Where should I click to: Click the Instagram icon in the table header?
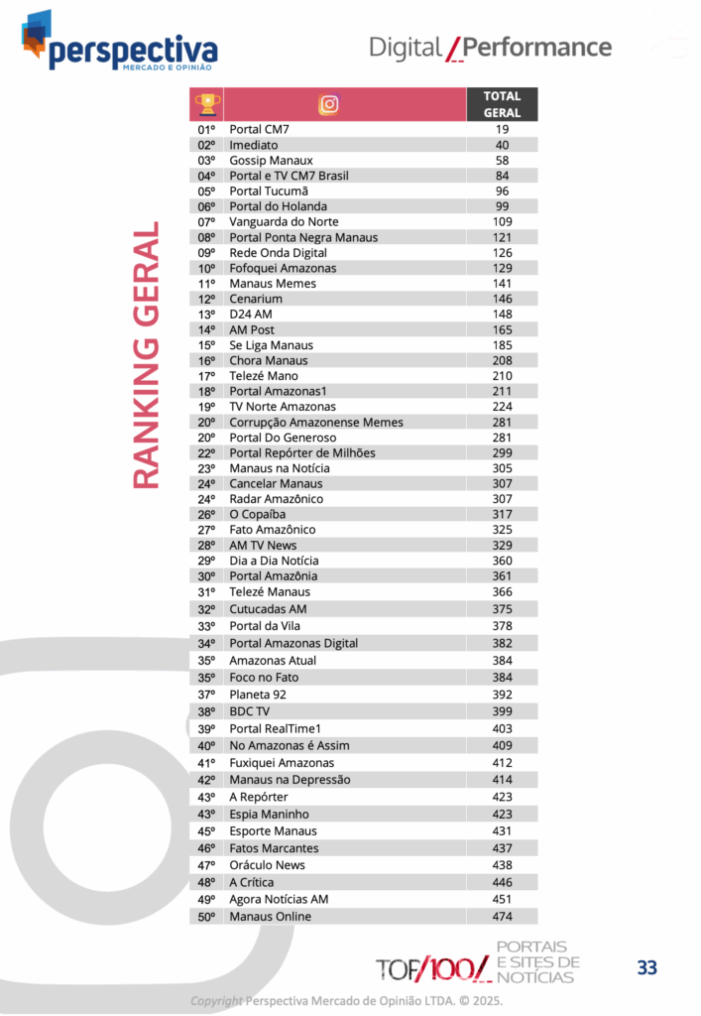(x=329, y=104)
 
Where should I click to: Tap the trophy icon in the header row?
(x=206, y=104)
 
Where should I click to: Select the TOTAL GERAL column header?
(x=502, y=104)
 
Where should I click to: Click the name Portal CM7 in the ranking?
(x=259, y=129)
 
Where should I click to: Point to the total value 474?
(x=502, y=916)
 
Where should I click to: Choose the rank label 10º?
(x=206, y=268)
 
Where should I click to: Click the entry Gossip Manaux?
(x=271, y=160)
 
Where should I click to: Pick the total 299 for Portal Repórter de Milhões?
(x=502, y=452)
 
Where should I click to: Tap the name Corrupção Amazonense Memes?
(x=316, y=422)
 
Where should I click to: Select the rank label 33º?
(x=206, y=626)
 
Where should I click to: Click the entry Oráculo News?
(x=267, y=865)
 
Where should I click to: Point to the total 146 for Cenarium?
(x=502, y=299)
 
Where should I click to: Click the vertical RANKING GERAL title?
(x=146, y=355)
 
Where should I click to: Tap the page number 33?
(x=647, y=967)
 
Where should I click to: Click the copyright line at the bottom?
(x=346, y=1000)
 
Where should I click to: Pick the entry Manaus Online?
(x=270, y=916)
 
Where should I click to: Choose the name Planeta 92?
(x=258, y=695)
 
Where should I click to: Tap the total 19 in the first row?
(x=502, y=129)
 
